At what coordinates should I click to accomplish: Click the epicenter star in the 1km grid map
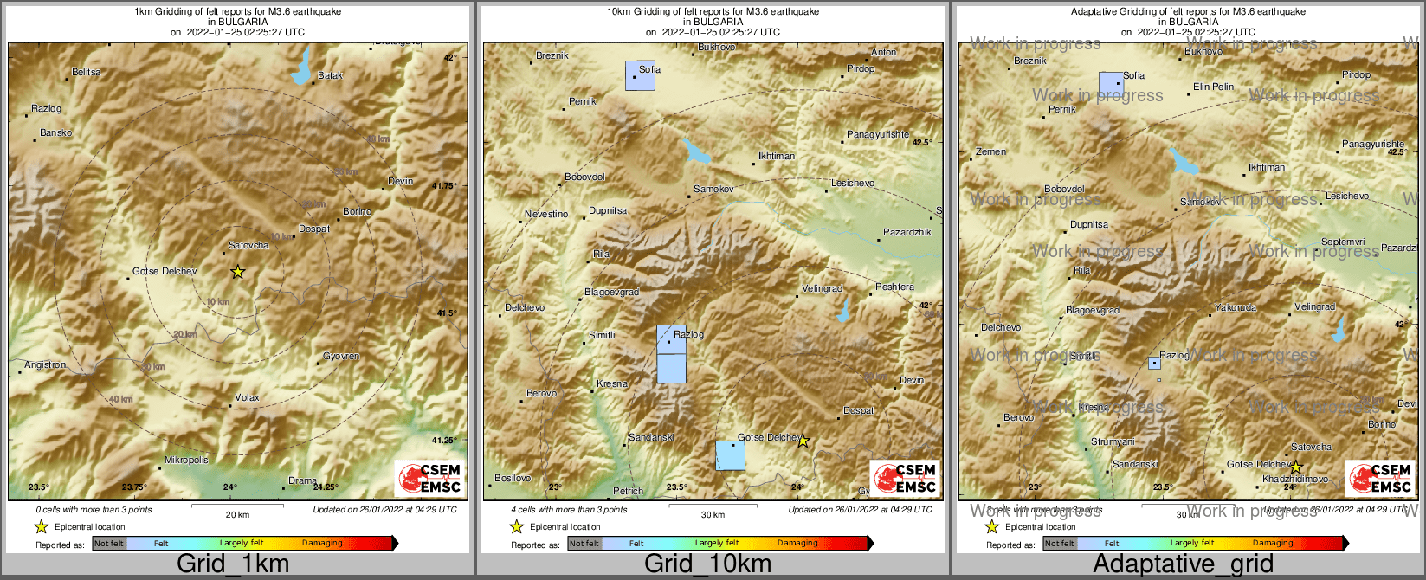pyautogui.click(x=238, y=272)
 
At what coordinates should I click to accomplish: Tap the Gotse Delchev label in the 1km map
pyautogui.click(x=165, y=272)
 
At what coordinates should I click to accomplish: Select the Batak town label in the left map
pyautogui.click(x=330, y=76)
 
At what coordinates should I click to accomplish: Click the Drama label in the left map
pyautogui.click(x=302, y=481)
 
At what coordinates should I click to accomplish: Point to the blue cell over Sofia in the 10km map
pyautogui.click(x=640, y=76)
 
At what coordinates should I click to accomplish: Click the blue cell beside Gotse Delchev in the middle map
pyautogui.click(x=730, y=455)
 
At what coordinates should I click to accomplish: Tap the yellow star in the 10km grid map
pyautogui.click(x=803, y=441)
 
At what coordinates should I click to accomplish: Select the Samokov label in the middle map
pyautogui.click(x=713, y=189)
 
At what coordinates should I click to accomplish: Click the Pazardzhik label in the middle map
pyautogui.click(x=907, y=233)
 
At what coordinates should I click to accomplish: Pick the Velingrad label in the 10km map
pyautogui.click(x=822, y=289)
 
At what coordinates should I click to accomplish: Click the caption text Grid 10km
pyautogui.click(x=707, y=564)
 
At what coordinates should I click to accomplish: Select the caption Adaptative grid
pyautogui.click(x=1183, y=564)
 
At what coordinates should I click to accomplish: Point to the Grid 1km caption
pyautogui.click(x=233, y=564)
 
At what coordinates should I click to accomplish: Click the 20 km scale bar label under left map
pyautogui.click(x=237, y=515)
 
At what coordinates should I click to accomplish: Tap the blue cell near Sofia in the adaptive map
pyautogui.click(x=1111, y=85)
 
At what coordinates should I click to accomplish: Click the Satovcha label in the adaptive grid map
pyautogui.click(x=1311, y=448)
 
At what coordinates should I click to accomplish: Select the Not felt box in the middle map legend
pyautogui.click(x=584, y=544)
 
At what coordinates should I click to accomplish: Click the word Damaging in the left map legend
pyautogui.click(x=322, y=544)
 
